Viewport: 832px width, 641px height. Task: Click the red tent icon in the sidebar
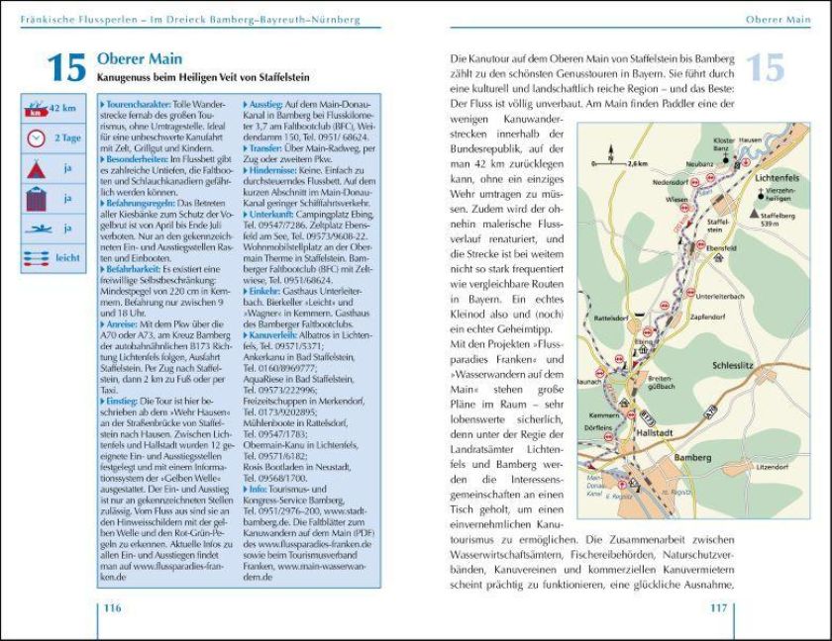point(36,168)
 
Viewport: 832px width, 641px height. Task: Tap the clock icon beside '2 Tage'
point(36,137)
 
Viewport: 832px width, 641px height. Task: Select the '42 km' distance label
point(62,108)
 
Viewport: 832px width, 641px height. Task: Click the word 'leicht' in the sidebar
point(67,257)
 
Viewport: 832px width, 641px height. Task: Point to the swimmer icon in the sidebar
point(36,228)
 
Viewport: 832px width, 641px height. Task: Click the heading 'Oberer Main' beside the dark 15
point(139,60)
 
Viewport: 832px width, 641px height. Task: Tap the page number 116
point(112,607)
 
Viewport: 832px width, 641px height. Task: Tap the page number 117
point(718,607)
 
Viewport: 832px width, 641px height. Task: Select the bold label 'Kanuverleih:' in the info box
point(276,335)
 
